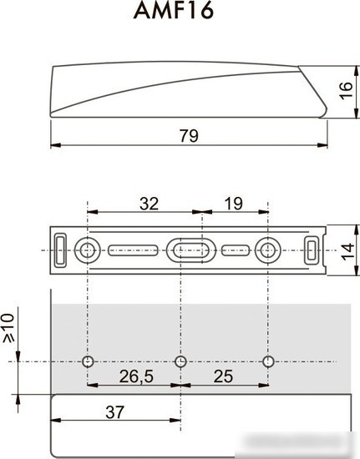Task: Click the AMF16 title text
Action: (x=174, y=11)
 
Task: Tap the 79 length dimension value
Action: (x=189, y=135)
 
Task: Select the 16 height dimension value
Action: (x=346, y=91)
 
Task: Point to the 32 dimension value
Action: (x=150, y=204)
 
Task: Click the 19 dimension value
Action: (x=234, y=204)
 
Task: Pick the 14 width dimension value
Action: (x=347, y=251)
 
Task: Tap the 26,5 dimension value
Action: (x=136, y=376)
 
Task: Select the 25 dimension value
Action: (x=223, y=376)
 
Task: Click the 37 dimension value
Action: (x=114, y=412)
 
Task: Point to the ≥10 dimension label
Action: (x=8, y=328)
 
